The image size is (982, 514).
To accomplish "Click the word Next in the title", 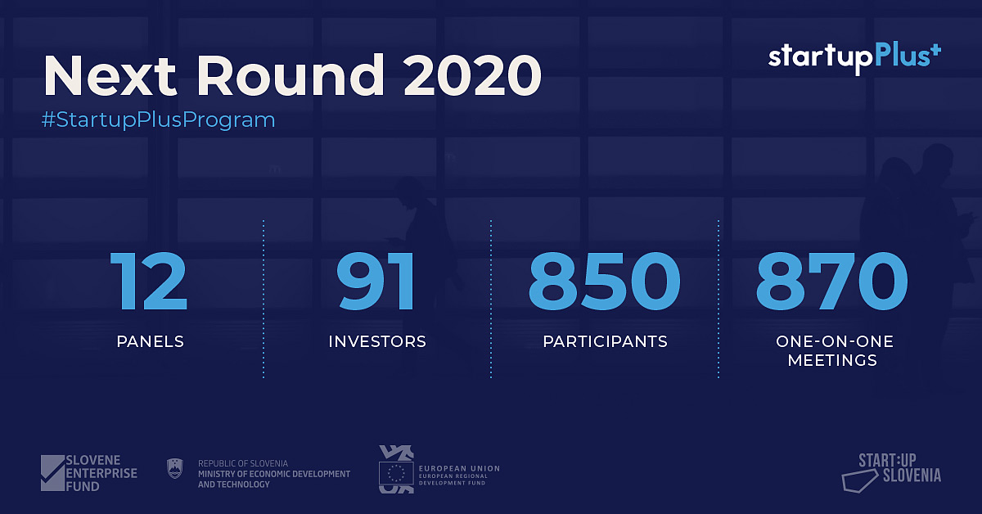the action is click(x=110, y=75).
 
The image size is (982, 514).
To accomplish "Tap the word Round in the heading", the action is click(x=291, y=74).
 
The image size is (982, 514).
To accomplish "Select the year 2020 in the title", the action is click(x=473, y=75).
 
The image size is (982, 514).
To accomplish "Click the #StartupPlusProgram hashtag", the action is click(x=158, y=119).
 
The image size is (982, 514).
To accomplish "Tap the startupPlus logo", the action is click(x=854, y=58).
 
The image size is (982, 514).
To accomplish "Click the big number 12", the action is click(x=149, y=281).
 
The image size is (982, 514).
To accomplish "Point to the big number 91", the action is click(x=376, y=281).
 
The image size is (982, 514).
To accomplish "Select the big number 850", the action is click(x=605, y=281).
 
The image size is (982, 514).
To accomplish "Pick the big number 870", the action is click(x=831, y=281).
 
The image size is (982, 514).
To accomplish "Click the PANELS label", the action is click(x=151, y=341).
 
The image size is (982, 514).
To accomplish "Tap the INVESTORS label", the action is click(x=377, y=341).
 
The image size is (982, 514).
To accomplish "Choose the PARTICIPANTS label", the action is click(x=605, y=341).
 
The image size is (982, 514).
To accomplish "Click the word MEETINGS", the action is click(x=832, y=360).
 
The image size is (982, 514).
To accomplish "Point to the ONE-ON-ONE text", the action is click(x=835, y=341).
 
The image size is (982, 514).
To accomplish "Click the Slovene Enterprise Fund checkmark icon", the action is click(x=52, y=473).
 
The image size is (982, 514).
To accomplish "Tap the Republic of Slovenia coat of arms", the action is click(x=175, y=468).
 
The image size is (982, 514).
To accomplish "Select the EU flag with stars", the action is click(x=396, y=473).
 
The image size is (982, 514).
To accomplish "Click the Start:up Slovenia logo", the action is click(x=891, y=473).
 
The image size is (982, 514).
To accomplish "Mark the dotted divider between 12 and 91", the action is click(x=264, y=299).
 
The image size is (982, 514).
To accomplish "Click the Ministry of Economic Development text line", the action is click(x=274, y=474).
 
